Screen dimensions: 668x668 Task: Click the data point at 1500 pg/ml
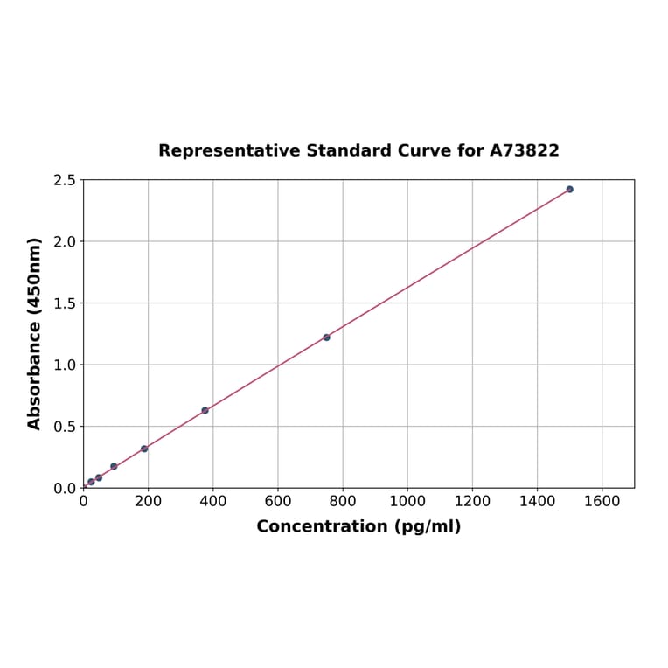click(x=569, y=189)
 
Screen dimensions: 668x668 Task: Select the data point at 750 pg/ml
click(x=326, y=337)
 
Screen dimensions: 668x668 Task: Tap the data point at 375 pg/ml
click(x=205, y=410)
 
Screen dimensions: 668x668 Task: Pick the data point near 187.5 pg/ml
click(x=144, y=449)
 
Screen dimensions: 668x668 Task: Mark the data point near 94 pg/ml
click(x=114, y=466)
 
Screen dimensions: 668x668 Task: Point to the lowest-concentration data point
click(x=91, y=482)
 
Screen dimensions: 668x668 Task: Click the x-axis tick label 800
click(x=343, y=502)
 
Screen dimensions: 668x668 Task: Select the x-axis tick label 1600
click(x=602, y=502)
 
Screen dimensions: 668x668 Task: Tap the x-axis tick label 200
click(x=148, y=502)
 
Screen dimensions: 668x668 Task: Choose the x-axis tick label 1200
click(x=472, y=502)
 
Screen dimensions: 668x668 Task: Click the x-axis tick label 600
click(x=278, y=502)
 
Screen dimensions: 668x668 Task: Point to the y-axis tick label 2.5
click(x=65, y=180)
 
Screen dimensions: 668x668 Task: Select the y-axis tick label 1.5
click(x=65, y=303)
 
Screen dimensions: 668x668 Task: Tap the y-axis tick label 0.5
click(x=65, y=427)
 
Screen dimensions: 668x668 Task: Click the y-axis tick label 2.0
click(x=65, y=241)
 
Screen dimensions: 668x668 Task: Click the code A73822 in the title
click(x=524, y=150)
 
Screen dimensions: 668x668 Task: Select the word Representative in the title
click(x=230, y=150)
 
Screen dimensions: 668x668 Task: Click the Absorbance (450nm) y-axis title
click(x=35, y=333)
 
